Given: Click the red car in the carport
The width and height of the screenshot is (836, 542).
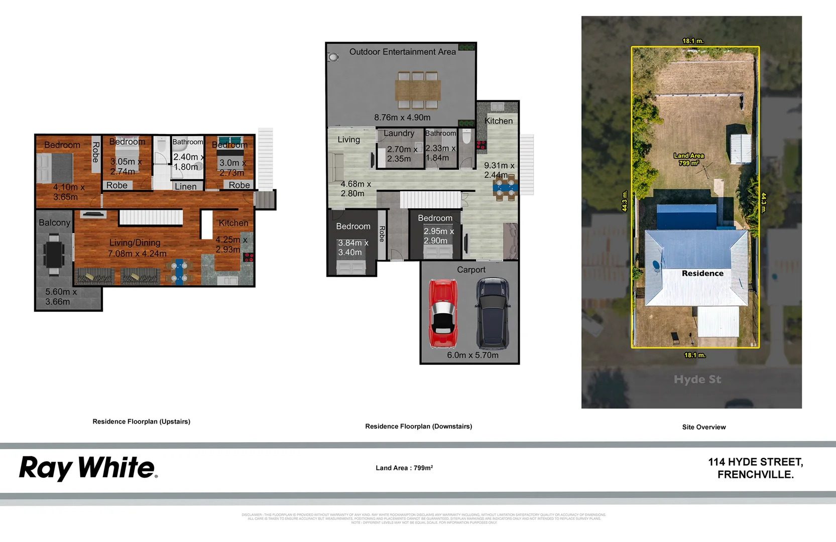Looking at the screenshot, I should pos(443,314).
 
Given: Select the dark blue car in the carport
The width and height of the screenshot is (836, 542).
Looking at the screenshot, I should pos(493,314).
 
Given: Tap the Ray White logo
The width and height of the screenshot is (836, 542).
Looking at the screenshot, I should pos(88,468).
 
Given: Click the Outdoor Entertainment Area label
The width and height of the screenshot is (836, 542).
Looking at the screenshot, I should pos(402,52).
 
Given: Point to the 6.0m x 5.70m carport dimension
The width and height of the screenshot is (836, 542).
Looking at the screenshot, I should pos(472,355).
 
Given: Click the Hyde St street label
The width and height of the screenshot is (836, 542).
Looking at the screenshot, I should pos(697,379).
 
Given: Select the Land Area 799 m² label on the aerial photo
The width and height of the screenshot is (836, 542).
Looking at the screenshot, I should pos(689,159).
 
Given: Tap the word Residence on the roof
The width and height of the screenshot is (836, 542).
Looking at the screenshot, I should pos(702,274).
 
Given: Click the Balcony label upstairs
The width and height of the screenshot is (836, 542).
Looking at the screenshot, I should pos(54,223).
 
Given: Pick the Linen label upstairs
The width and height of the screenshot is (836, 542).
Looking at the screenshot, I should pos(186,187).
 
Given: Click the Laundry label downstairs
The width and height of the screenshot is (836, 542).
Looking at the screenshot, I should pos(399,133).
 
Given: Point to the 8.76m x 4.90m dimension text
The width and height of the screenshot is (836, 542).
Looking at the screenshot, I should pos(402,117).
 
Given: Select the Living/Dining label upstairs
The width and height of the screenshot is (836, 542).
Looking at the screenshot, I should pos(135,243).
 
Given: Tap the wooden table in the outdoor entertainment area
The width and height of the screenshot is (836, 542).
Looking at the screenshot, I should pos(417,90).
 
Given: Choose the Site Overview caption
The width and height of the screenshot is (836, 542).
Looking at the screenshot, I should pos(703,427).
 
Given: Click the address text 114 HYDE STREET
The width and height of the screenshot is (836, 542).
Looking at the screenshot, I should pos(755,462).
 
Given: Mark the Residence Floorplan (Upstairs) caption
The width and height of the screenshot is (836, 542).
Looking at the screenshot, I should pos(141,422).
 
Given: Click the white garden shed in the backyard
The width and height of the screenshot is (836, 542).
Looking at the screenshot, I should pos(740,149).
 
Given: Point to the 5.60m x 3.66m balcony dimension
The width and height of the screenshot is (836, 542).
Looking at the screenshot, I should pos(61,297).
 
